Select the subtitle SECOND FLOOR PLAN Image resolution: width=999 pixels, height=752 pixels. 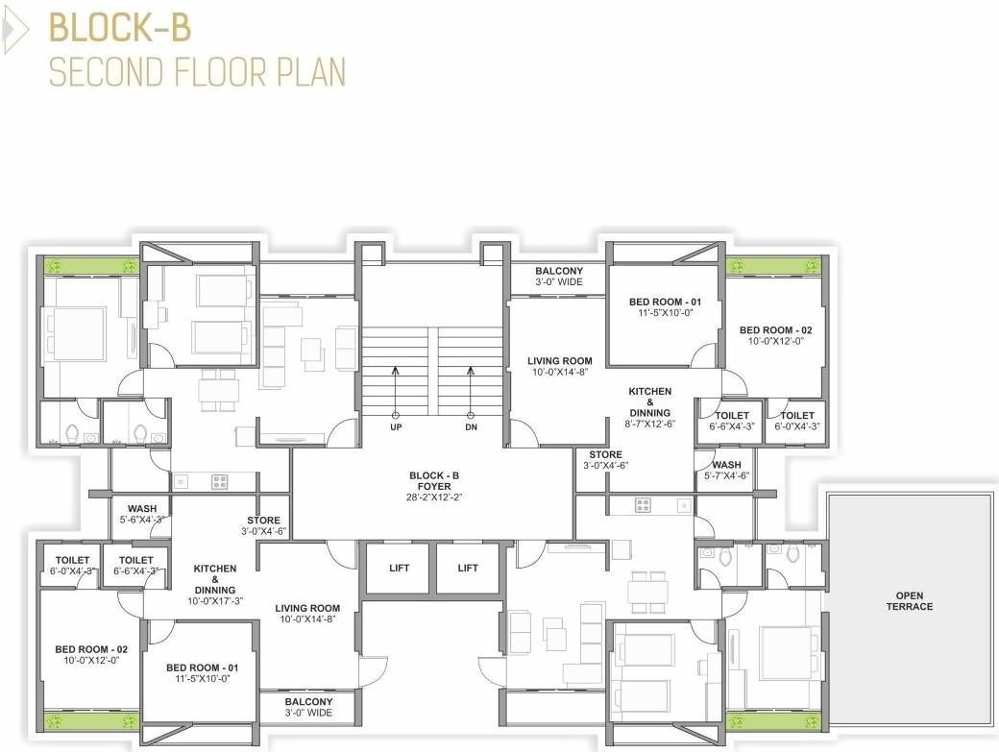[197, 72]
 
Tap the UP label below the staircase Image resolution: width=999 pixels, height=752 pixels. [395, 426]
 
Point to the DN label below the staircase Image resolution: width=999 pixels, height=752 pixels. [471, 426]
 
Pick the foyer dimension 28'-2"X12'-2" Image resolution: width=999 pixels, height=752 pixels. [434, 497]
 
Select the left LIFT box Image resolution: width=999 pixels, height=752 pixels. [400, 568]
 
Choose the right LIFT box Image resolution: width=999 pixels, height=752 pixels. [468, 568]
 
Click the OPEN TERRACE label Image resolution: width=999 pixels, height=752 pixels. [909, 601]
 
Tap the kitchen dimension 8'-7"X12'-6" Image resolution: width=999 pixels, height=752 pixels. [650, 424]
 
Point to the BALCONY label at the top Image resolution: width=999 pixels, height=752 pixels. [559, 272]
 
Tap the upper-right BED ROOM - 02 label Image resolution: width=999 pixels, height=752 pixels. [776, 330]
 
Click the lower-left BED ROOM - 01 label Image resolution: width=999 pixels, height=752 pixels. [202, 667]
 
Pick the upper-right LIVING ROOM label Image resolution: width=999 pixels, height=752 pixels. [560, 361]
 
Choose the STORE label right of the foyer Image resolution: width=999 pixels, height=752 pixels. [605, 454]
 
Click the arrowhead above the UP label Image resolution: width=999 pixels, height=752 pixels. [395, 369]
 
